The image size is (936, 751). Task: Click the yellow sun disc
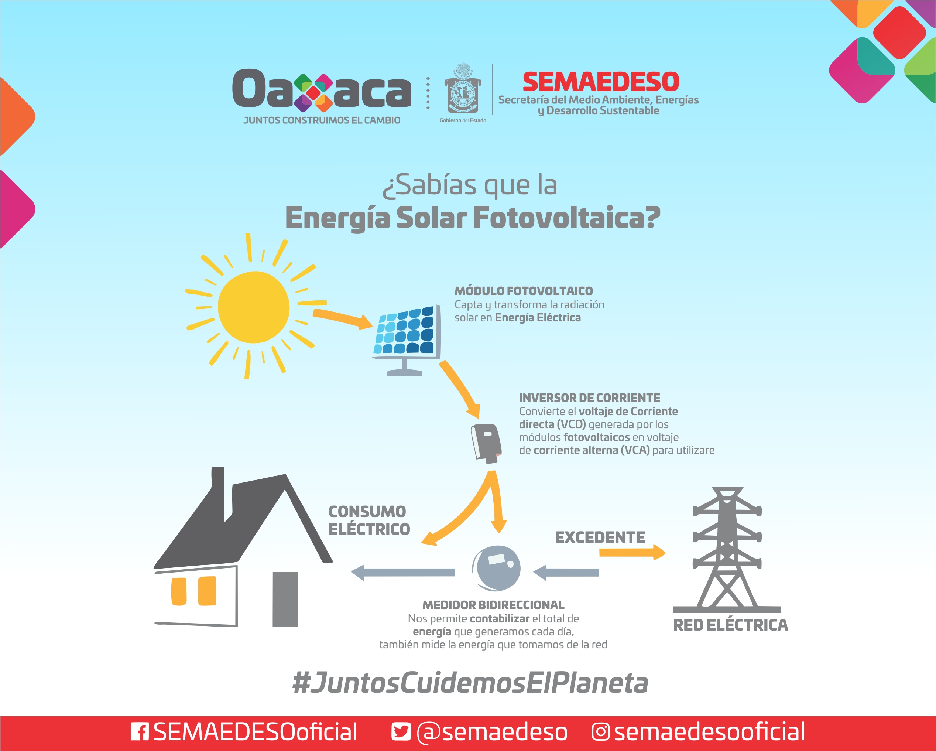[x=254, y=307]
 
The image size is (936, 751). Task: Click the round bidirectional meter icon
[x=496, y=568]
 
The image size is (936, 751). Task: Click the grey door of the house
[x=285, y=599]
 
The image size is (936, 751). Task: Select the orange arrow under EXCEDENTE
[x=632, y=552]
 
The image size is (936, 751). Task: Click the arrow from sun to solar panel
[x=343, y=319]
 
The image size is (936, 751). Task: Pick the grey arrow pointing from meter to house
[x=403, y=572]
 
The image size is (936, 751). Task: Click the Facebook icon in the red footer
[x=140, y=731]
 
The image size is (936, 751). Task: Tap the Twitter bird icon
[x=401, y=731]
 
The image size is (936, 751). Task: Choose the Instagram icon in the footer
[x=600, y=731]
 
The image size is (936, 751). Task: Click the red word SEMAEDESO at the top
[x=601, y=82]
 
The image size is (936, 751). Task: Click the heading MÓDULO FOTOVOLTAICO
[x=524, y=291]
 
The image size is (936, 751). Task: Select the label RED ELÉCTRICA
[x=730, y=625]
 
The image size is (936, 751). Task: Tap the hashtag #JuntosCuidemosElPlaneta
[x=470, y=683]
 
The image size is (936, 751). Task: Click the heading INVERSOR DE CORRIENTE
[x=589, y=397]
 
